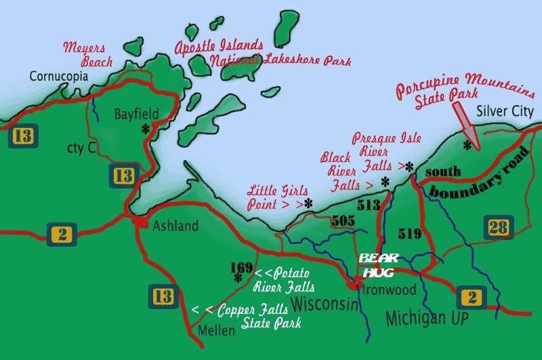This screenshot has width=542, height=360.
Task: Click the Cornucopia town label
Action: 59,77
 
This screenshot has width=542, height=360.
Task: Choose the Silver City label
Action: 505,111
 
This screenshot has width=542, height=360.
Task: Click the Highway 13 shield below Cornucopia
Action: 21,136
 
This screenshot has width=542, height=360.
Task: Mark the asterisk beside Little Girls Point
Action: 308,203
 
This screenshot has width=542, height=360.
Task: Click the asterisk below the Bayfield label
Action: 145,129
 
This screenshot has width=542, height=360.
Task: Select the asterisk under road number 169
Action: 238,277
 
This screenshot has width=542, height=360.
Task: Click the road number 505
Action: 342,220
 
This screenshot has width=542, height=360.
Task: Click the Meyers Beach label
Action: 85,54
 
